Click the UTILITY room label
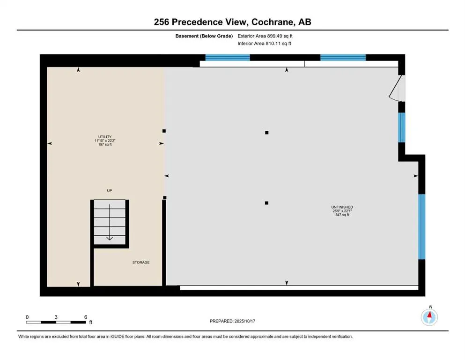tap(105, 136)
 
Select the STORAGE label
tap(140, 262)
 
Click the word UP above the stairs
tap(109, 190)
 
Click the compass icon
tap(429, 317)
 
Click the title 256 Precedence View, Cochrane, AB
tap(232, 22)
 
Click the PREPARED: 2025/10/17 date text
tap(232, 321)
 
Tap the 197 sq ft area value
tap(105, 145)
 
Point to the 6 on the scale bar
tap(86, 317)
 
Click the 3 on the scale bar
tap(56, 317)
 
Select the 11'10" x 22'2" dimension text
tap(105, 141)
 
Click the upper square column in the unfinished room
tap(266, 133)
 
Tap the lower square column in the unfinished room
tap(266, 203)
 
